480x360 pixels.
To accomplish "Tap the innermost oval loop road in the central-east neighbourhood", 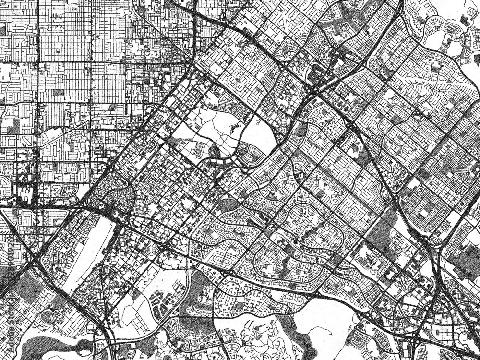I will (x=307, y=214).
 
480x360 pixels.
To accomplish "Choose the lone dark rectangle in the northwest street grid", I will (x=58, y=92).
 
